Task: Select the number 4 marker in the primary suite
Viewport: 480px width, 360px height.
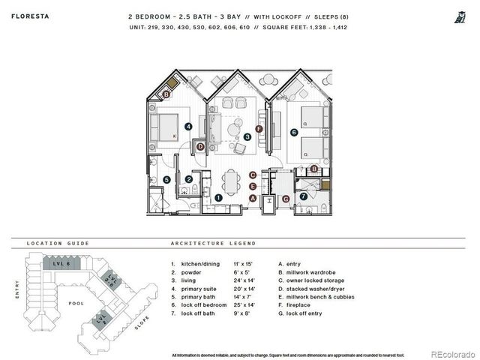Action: click(x=188, y=127)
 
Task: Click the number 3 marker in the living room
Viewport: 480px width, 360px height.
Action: click(x=247, y=137)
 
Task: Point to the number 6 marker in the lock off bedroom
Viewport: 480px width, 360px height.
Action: click(x=294, y=133)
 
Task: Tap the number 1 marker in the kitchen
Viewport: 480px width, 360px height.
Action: click(x=217, y=197)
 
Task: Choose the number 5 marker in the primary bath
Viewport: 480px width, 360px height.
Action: click(x=166, y=180)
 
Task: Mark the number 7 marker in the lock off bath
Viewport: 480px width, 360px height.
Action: click(x=303, y=197)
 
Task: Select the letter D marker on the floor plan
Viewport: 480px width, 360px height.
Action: click(x=200, y=147)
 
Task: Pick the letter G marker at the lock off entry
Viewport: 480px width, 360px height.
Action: click(x=285, y=198)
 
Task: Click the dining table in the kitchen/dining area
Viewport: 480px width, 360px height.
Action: click(x=233, y=180)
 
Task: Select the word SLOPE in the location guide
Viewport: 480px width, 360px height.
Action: click(x=142, y=324)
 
